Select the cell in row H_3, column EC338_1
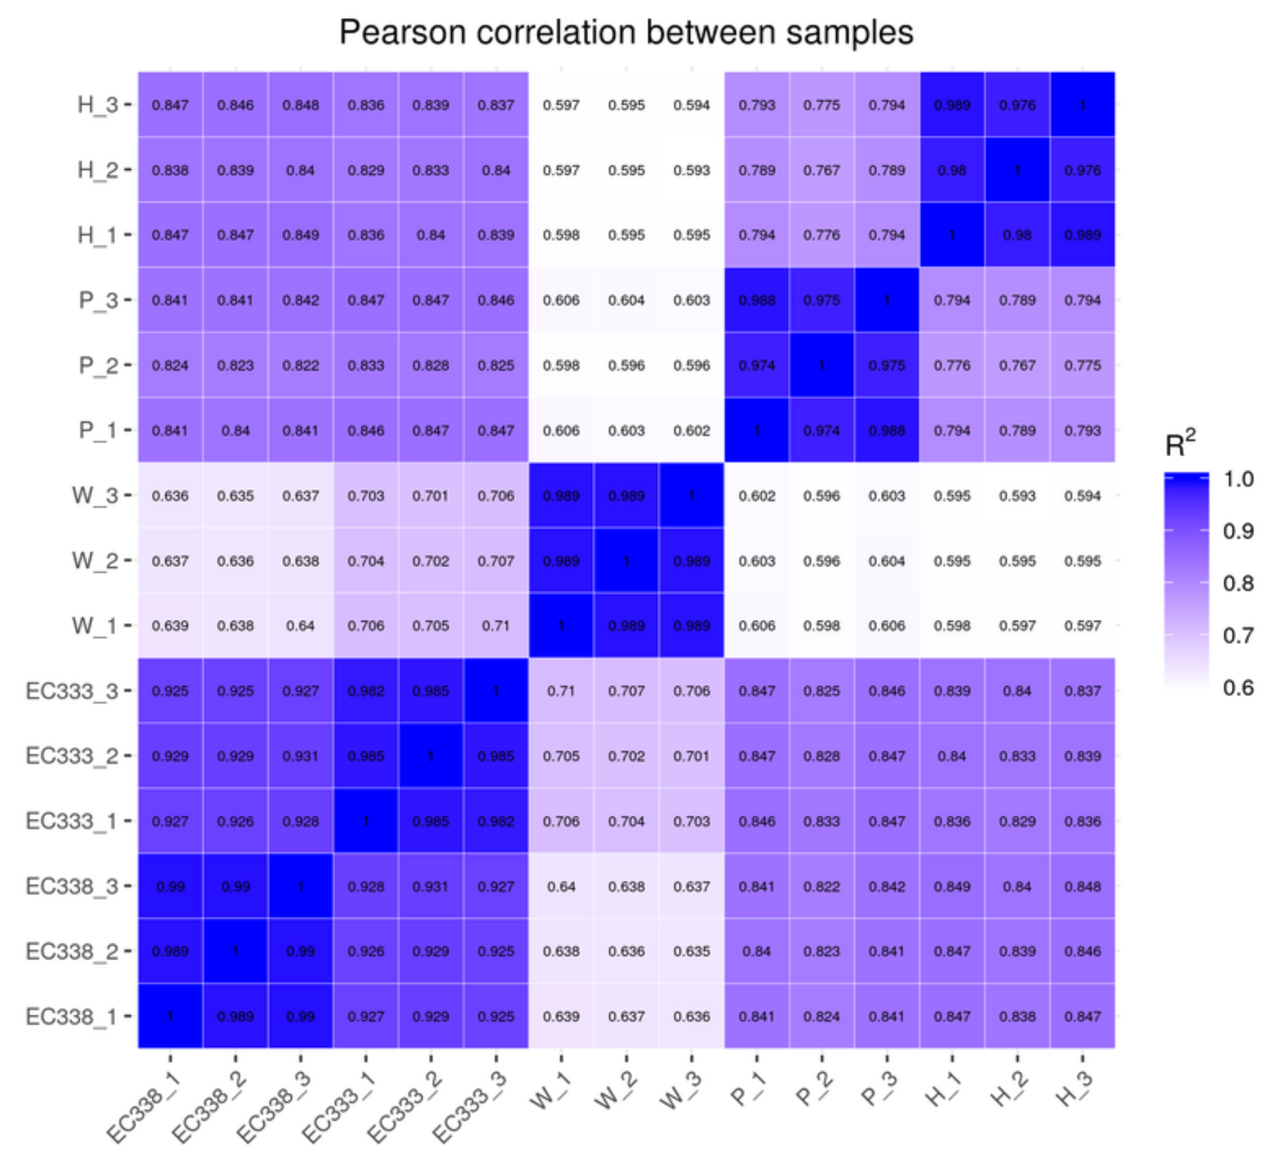point(170,105)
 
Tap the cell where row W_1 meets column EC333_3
point(496,626)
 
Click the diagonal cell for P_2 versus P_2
point(821,365)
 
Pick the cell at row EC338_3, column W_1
point(561,886)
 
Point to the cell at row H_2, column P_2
point(821,170)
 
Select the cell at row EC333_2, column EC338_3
point(300,756)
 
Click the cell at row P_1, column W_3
point(691,431)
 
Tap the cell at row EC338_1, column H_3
point(1082,1016)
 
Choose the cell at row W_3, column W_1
point(561,495)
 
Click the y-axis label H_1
point(97,235)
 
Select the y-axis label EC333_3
point(72,691)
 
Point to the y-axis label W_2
point(94,561)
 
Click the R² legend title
point(1180,444)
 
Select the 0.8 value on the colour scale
point(1238,583)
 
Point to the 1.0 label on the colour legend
point(1238,479)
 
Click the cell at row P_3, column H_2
point(1017,300)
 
